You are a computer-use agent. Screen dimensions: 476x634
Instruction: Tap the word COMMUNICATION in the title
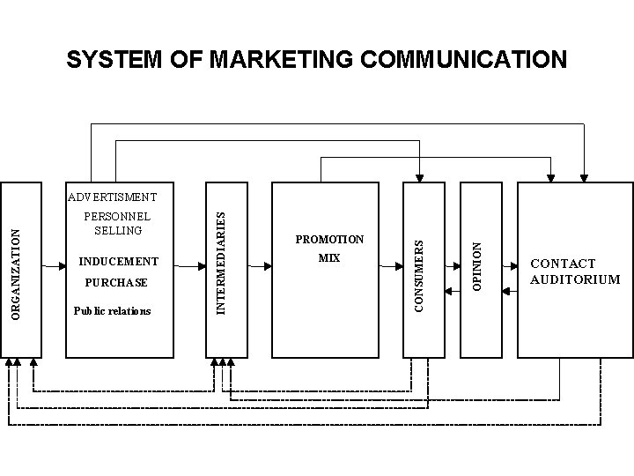coord(446,59)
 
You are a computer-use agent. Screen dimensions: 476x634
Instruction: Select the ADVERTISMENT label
coord(112,197)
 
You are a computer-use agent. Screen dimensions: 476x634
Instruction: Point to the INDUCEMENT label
coord(119,262)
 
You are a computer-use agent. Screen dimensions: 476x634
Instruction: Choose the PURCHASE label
coord(115,283)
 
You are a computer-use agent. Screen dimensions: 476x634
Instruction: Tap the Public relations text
coord(112,311)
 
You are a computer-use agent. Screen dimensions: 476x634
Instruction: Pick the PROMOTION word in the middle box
coord(329,240)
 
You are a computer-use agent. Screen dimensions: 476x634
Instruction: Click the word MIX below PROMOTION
coord(329,259)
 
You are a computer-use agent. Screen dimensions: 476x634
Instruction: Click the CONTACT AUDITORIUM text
coord(575,271)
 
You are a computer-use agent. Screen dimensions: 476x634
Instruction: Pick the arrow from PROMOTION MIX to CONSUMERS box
coord(393,264)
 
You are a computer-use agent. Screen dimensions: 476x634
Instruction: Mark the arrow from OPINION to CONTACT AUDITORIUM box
coord(510,264)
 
